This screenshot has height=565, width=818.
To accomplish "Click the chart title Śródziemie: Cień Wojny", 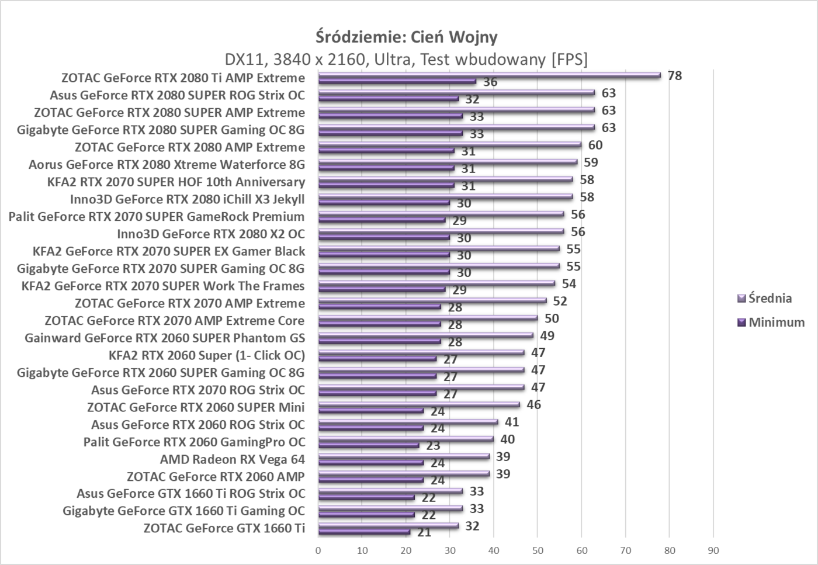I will [407, 37].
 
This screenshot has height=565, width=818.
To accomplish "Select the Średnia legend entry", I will [770, 298].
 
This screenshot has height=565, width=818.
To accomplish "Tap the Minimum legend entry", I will [776, 322].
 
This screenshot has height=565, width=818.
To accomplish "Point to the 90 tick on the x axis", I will [713, 550].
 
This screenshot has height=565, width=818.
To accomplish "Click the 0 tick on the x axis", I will [318, 550].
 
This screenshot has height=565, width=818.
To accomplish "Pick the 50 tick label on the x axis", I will [538, 550].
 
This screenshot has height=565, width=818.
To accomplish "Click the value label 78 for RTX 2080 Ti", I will [675, 75].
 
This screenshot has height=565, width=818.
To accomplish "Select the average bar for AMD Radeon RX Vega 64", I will [403, 456].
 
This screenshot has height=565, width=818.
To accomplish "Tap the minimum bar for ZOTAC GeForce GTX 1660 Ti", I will [365, 532].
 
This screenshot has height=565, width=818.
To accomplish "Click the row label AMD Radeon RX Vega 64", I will [233, 459].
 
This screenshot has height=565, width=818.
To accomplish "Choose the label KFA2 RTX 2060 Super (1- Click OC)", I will [207, 355].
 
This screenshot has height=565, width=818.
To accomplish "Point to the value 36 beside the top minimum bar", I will [490, 82].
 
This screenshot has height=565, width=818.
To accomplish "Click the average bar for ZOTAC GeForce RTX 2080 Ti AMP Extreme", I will [489, 75].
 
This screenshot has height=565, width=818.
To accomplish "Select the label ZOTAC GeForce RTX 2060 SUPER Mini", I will [196, 407].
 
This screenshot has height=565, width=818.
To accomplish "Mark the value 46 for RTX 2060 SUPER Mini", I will [533, 404].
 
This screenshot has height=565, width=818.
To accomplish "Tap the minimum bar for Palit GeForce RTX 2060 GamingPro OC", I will [368, 445].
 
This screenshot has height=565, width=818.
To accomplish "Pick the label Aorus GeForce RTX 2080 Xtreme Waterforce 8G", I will [167, 165].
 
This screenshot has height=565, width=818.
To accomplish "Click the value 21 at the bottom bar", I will [424, 532].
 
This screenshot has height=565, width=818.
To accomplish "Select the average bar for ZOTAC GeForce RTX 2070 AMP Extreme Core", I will [428, 318].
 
